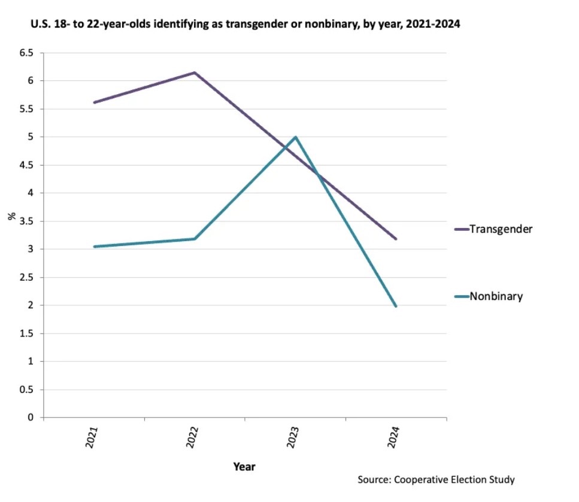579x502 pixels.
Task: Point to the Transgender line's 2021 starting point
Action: coord(95,103)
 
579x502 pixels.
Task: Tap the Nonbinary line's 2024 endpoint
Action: coord(396,306)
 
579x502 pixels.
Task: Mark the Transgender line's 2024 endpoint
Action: coord(396,239)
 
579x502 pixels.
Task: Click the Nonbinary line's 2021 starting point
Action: coord(95,247)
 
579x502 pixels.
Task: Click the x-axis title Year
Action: coord(244,465)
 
